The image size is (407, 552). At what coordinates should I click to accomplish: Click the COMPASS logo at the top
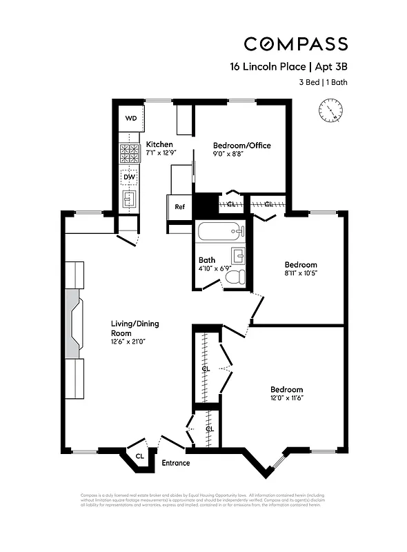point(295,44)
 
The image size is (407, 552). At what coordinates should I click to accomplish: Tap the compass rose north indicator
point(330,109)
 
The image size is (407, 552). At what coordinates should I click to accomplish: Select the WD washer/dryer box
point(130,118)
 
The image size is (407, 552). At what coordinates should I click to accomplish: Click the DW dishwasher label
point(130,177)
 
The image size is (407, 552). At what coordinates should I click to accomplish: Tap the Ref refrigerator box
point(179,207)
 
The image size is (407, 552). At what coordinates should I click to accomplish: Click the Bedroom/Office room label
point(241,146)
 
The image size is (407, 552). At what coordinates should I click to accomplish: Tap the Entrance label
point(175,463)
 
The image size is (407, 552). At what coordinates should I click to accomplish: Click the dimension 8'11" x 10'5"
point(301,273)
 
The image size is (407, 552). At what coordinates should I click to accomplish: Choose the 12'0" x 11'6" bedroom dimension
point(286,398)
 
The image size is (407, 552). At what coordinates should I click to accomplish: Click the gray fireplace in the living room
point(74,323)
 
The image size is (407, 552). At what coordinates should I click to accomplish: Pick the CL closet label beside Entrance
point(139,455)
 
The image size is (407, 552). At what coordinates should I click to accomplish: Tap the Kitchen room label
point(159,144)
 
